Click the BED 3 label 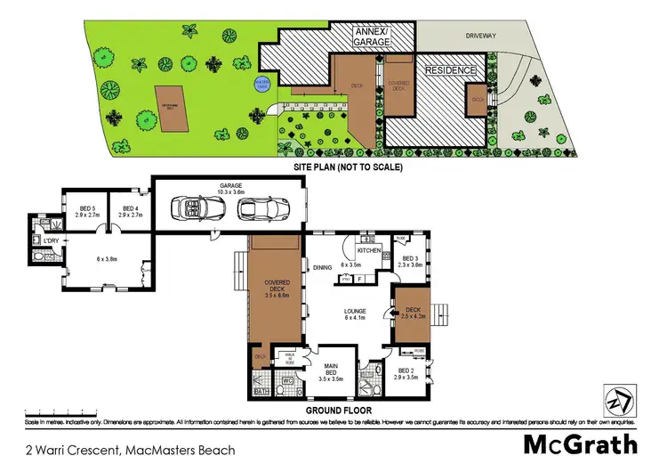click(x=411, y=261)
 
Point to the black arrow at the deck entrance click(x=389, y=313)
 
